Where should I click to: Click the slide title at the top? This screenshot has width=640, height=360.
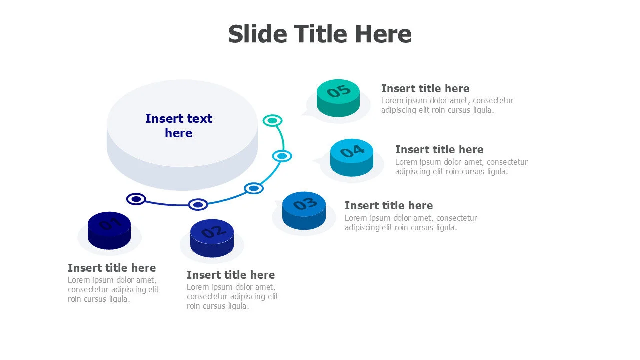point(320,34)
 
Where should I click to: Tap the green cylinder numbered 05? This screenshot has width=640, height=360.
point(338,97)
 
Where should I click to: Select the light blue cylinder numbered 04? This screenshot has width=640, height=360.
point(352,157)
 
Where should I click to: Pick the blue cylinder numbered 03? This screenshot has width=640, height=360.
point(304,210)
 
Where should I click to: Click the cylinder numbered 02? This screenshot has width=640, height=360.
point(212,238)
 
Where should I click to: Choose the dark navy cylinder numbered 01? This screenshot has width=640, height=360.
point(109,230)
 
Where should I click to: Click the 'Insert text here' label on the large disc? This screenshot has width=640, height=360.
point(179,126)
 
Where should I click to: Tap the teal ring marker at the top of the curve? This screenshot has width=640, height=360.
point(272,120)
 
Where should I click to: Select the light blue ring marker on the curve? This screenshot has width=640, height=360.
point(282,156)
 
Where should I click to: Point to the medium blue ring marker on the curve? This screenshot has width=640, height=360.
point(254,188)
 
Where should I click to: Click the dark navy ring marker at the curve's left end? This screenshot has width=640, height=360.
point(136,199)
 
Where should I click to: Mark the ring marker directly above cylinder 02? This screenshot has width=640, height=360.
point(198,204)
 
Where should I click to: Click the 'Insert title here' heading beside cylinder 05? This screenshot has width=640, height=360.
point(425,89)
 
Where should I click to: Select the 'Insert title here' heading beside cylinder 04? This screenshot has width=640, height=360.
point(439,150)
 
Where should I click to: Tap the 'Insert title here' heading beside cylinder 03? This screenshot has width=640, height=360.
point(389,206)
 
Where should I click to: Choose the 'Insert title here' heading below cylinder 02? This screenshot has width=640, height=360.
point(231,275)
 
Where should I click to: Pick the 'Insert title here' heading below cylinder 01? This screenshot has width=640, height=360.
point(112,268)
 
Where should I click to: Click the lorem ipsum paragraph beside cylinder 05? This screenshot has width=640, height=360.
point(447,105)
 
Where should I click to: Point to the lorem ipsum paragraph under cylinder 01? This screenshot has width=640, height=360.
point(113,290)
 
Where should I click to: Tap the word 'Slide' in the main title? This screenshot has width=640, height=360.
point(257,34)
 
